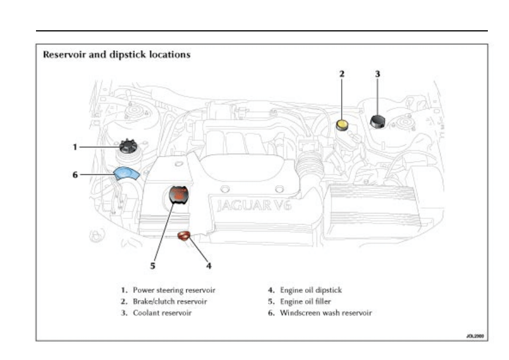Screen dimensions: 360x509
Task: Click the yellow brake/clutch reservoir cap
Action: [x=342, y=124]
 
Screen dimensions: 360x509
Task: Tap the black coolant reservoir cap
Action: [x=378, y=121]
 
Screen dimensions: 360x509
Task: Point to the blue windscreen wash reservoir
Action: [x=126, y=174]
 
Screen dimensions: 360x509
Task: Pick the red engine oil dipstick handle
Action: [x=184, y=236]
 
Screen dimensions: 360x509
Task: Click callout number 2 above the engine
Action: [x=342, y=74]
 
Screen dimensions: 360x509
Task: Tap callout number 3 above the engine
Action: [x=378, y=74]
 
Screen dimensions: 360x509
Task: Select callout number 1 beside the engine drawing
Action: [x=74, y=147]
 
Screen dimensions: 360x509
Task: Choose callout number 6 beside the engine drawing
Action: [x=74, y=175]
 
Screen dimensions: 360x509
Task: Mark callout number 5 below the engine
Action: [x=153, y=266]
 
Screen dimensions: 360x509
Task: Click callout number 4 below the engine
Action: [x=209, y=266]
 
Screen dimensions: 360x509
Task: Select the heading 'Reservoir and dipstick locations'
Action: [x=117, y=55]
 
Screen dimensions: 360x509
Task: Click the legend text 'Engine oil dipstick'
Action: [x=311, y=290]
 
